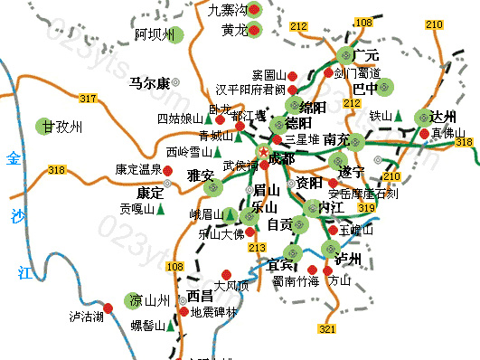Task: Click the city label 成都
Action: point(281,159)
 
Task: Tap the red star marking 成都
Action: point(264,152)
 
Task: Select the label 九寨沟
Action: point(227,10)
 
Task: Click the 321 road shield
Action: point(327,328)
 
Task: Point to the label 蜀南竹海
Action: point(296,281)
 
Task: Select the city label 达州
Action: point(442,117)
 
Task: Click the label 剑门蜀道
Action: point(358,72)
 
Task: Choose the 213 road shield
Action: point(258,246)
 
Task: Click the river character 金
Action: point(13,158)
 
